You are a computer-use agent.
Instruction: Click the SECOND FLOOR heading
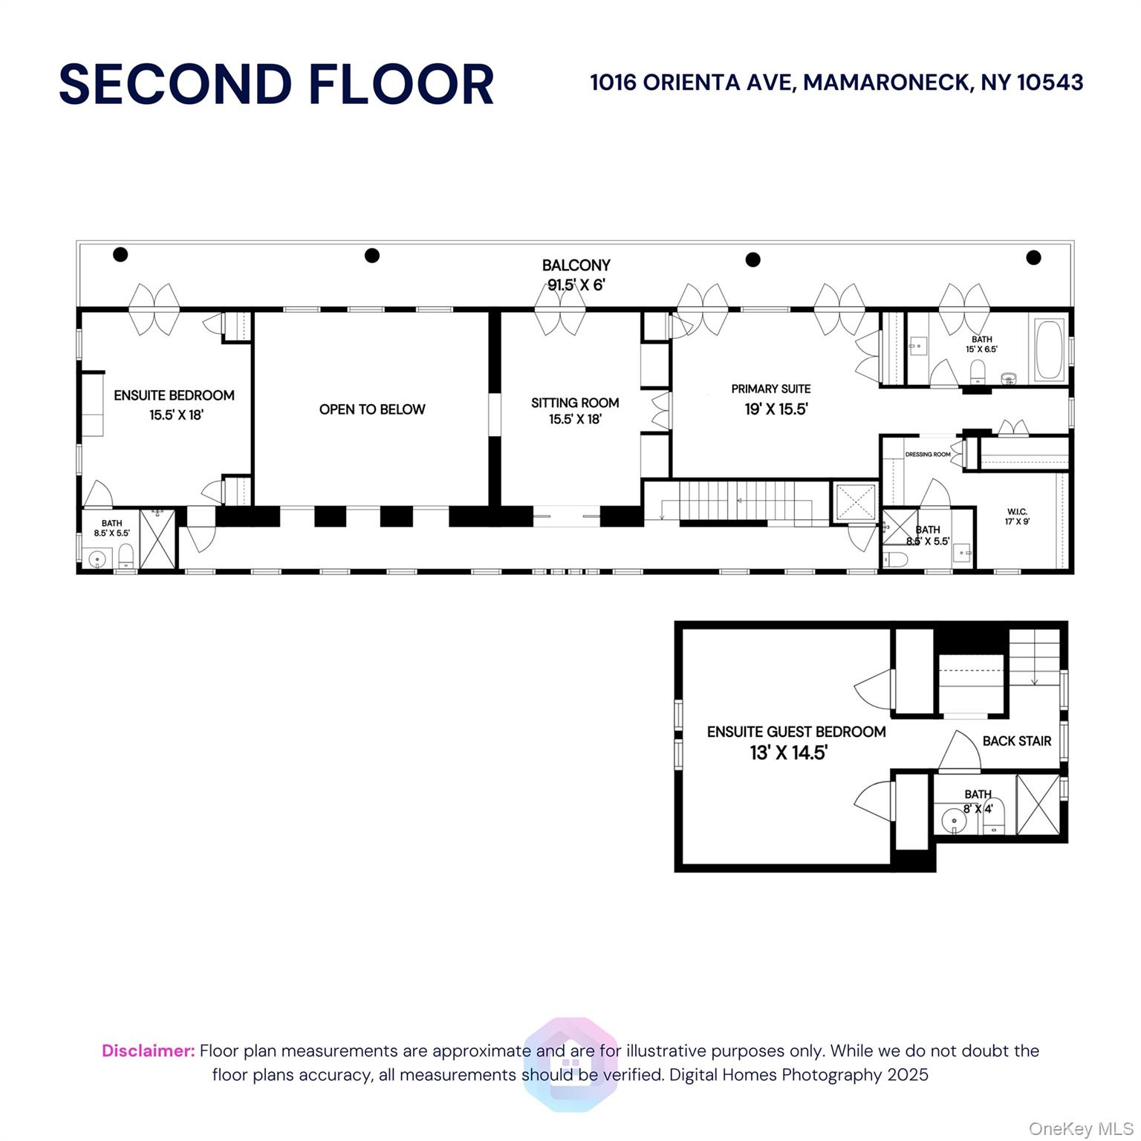(x=276, y=84)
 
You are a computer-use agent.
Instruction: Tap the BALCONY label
(x=576, y=265)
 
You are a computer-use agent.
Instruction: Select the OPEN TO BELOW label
(x=372, y=409)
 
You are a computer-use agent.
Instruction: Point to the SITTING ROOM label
(x=575, y=403)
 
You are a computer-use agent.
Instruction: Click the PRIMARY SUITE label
(x=771, y=389)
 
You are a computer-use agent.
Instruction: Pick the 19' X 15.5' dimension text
(x=776, y=409)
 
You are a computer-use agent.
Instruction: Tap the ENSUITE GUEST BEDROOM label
(x=796, y=732)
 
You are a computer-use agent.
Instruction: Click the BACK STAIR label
(x=1017, y=741)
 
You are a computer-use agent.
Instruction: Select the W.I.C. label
(x=1017, y=512)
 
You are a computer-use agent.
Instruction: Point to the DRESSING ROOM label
(x=928, y=455)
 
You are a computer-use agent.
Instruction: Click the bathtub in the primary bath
(x=1050, y=350)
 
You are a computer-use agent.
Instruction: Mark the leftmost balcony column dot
(x=120, y=255)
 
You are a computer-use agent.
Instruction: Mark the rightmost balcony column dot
(x=1033, y=258)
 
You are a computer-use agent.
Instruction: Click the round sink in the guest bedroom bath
(x=952, y=821)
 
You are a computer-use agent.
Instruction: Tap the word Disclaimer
(x=149, y=1051)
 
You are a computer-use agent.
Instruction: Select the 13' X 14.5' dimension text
(x=789, y=752)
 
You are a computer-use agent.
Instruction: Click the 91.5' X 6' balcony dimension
(x=577, y=285)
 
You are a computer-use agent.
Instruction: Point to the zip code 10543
(x=1050, y=82)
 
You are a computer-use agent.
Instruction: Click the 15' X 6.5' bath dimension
(x=981, y=349)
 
